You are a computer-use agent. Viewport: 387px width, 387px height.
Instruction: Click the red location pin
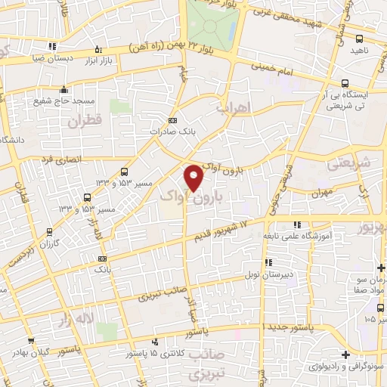click(x=194, y=177)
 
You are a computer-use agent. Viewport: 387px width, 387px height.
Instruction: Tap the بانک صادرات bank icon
click(x=172, y=120)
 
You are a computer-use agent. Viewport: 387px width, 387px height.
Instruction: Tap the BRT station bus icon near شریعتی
click(x=345, y=83)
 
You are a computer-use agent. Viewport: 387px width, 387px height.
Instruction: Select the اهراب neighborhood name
click(x=232, y=109)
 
